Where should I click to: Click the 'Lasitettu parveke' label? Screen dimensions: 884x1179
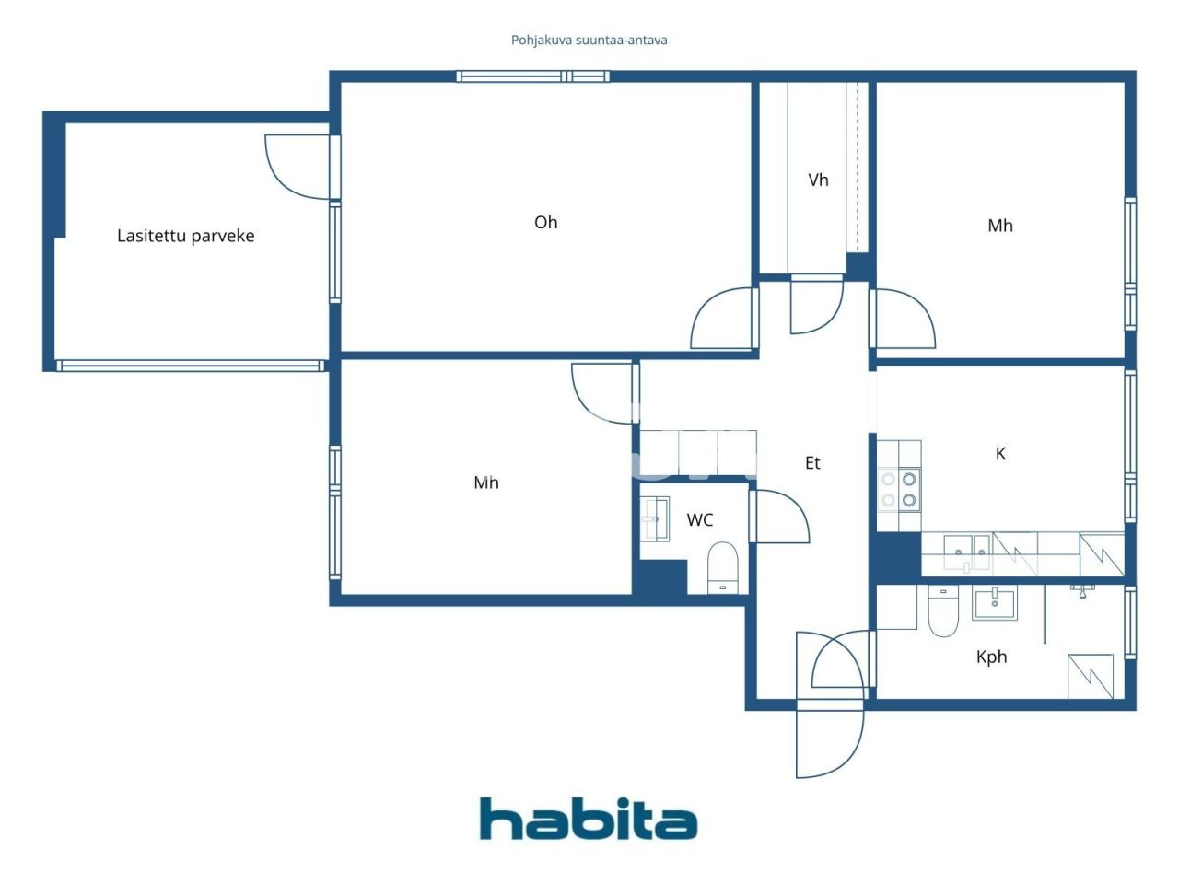[185, 236]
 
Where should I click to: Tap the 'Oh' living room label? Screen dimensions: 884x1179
[545, 222]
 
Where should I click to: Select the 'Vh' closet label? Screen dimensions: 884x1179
[818, 180]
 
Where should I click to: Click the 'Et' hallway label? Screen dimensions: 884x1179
[812, 463]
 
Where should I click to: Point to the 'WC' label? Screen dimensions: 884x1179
[700, 520]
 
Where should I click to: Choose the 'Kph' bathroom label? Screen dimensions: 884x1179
[991, 657]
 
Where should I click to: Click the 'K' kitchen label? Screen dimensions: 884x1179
[1000, 454]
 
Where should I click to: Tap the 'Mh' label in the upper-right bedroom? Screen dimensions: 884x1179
[1000, 226]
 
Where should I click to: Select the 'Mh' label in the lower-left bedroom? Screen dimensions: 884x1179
[486, 483]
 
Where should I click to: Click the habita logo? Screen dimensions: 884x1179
[589, 819]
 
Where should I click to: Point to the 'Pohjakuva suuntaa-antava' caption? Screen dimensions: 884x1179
[589, 41]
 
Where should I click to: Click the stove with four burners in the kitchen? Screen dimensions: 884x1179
[899, 490]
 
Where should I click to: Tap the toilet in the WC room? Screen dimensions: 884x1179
[723, 567]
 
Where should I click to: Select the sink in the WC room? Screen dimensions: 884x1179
[656, 518]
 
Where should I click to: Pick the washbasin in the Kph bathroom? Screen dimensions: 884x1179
[995, 604]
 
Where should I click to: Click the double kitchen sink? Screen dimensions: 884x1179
[966, 552]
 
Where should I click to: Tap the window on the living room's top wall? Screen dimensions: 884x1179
[532, 76]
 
